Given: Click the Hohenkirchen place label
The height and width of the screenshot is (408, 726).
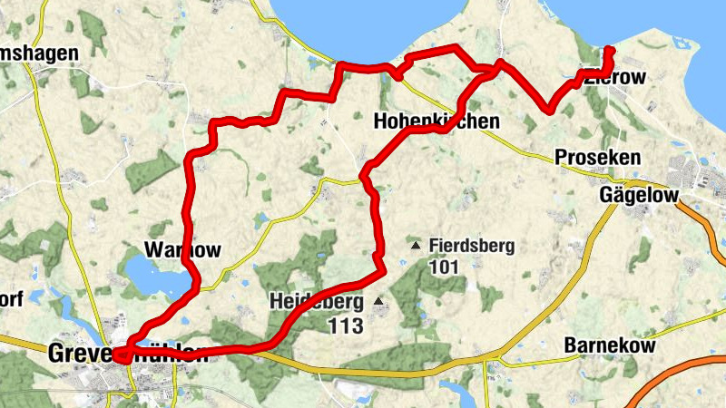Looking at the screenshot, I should (436, 121).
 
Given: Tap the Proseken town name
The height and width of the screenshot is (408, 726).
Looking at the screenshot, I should (597, 158).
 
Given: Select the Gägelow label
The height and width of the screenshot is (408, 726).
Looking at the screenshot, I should (639, 195).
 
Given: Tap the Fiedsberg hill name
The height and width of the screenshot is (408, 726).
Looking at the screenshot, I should (472, 246).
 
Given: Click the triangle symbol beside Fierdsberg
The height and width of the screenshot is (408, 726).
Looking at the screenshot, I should (416, 245).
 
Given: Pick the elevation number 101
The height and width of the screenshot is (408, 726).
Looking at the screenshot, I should (446, 267).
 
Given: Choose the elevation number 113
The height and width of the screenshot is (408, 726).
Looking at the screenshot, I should (347, 325).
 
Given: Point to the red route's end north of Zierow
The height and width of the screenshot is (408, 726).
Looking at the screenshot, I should (610, 49).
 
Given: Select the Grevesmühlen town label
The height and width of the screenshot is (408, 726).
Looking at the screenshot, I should (127, 355).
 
